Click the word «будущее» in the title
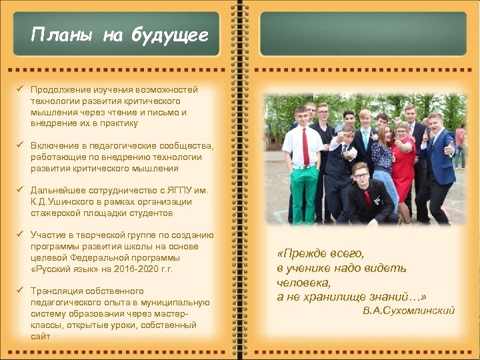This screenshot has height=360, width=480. [175, 35]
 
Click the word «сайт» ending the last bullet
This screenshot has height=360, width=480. [40, 337]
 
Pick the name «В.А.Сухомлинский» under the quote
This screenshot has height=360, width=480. [409, 311]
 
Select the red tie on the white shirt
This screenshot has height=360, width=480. [305, 147]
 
